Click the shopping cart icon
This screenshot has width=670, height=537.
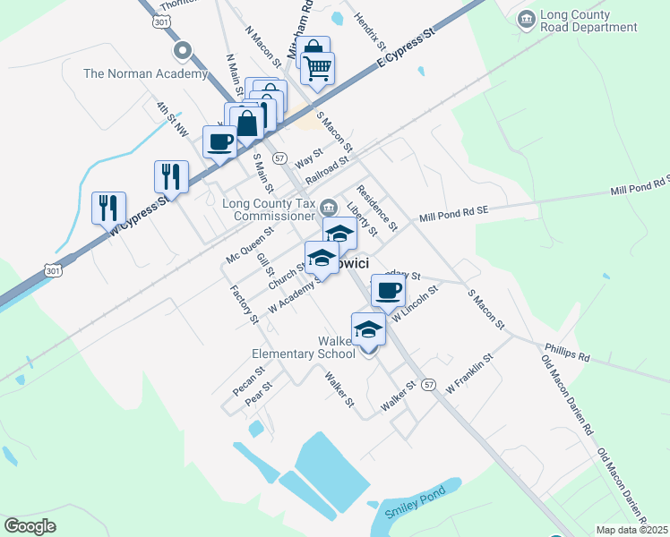pos(317,67)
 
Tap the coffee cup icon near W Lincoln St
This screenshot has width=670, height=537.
pos(388,290)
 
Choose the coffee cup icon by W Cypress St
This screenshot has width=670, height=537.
pos(220,141)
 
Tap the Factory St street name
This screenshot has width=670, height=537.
pos(244,304)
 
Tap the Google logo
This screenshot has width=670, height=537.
pos(30,526)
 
